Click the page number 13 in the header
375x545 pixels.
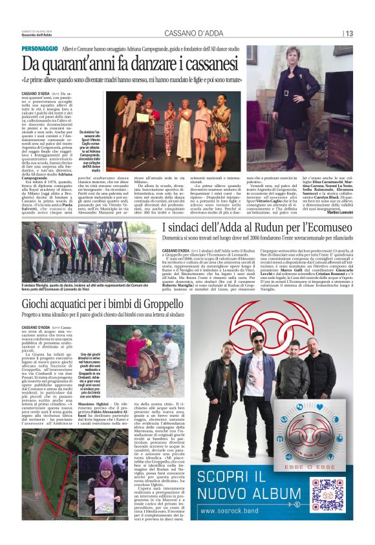(x=349, y=34)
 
